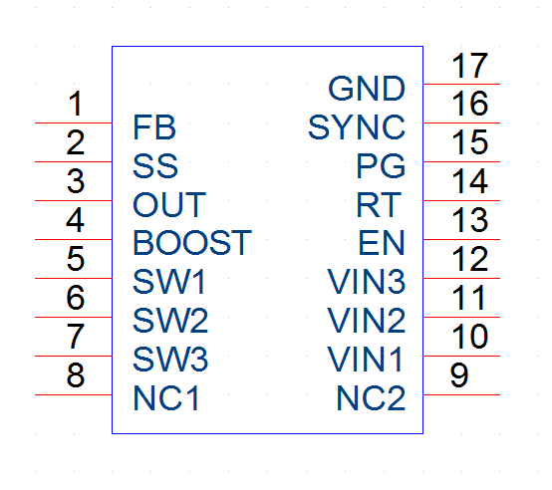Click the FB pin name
[154, 127]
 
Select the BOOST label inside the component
[192, 243]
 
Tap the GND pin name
[367, 89]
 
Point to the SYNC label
[357, 127]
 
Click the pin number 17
[469, 66]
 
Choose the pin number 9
[459, 375]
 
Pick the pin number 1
[76, 104]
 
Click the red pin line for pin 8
[73, 394]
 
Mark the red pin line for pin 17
[461, 84]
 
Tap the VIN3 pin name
[366, 282]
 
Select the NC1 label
[165, 398]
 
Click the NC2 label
[371, 398]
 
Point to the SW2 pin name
[170, 321]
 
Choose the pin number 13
[469, 220]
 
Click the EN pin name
[382, 243]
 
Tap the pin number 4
[76, 220]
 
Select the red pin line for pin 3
[73, 200]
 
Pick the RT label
[379, 204]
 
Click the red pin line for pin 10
[461, 356]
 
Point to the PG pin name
[381, 165]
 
